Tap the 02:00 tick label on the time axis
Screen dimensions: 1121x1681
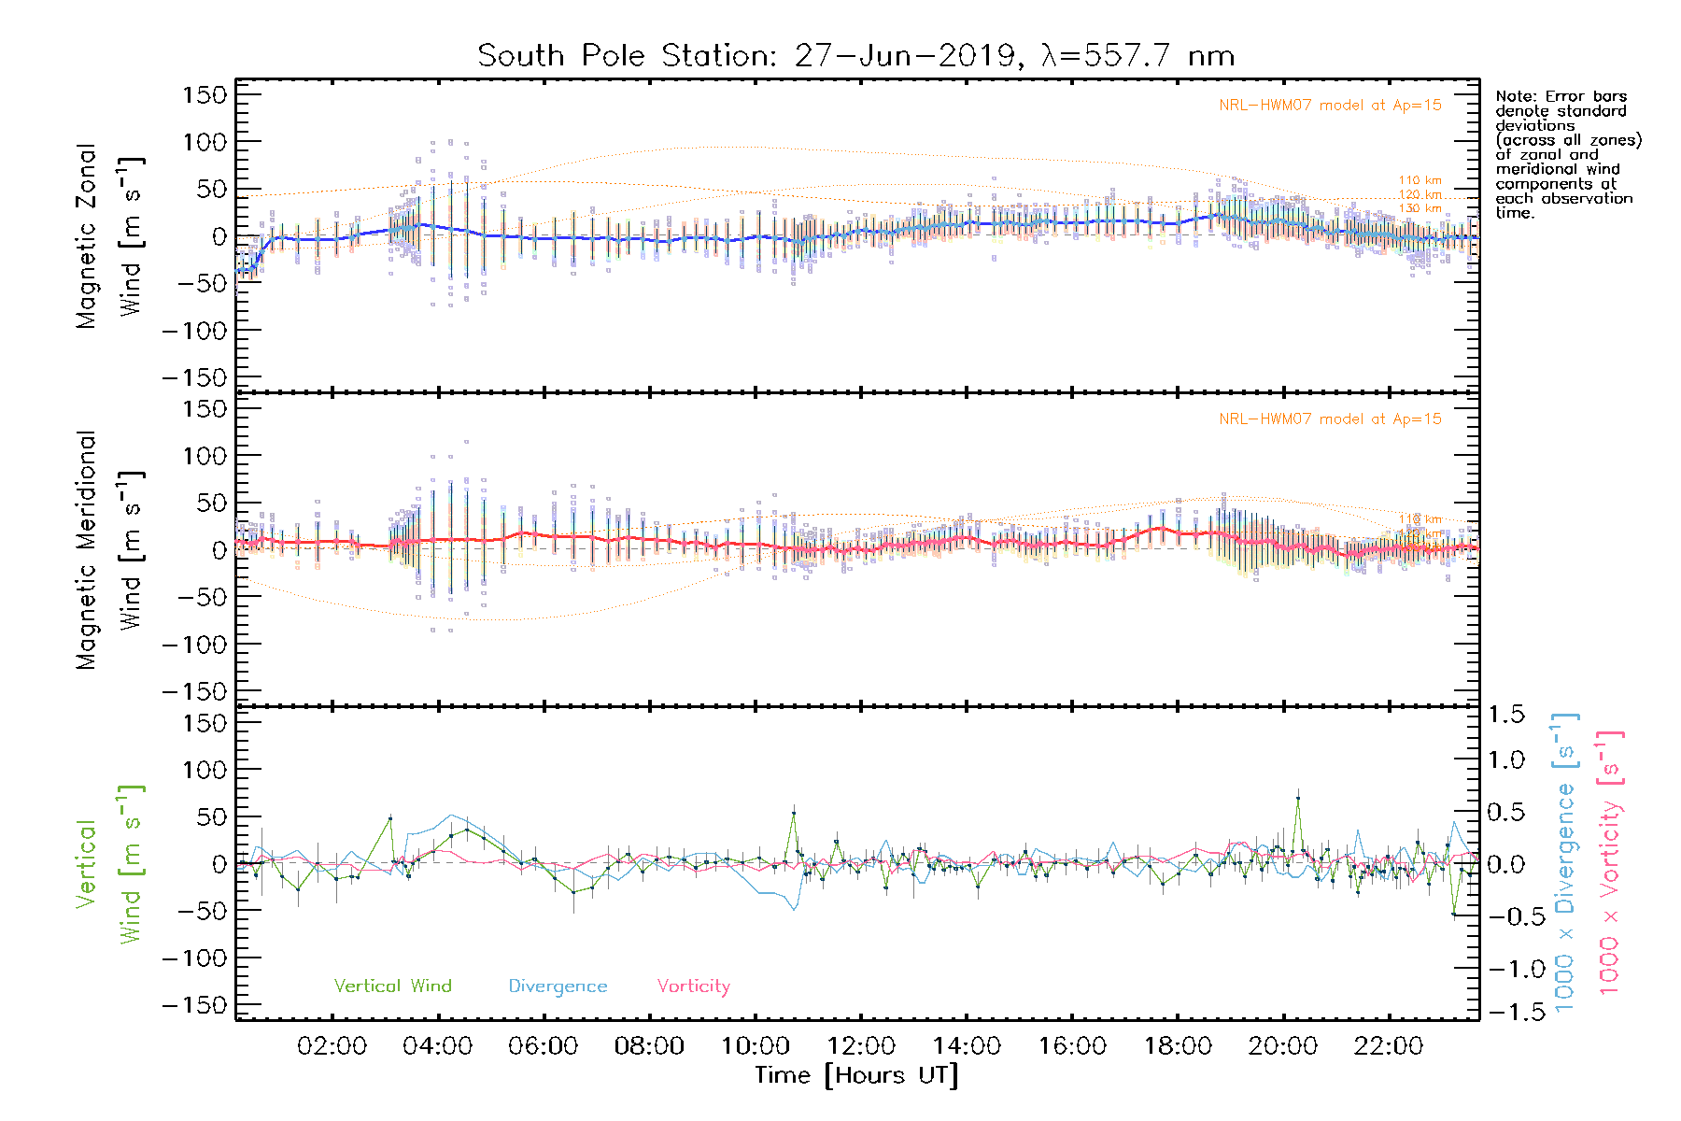point(332,1046)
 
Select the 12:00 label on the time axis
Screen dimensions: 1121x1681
point(860,1046)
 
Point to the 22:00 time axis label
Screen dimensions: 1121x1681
point(1389,1046)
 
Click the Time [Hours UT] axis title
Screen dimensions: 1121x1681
point(856,1076)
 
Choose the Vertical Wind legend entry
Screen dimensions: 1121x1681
point(392,986)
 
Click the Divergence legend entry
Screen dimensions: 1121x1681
point(558,986)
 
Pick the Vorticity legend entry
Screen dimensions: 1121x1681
point(693,986)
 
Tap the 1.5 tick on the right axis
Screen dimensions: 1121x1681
point(1506,715)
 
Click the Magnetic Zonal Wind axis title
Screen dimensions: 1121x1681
point(110,235)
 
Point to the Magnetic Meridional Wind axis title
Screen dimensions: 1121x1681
point(110,550)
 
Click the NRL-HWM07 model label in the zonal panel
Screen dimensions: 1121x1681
point(1330,106)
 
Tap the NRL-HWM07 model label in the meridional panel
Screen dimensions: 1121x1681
point(1330,419)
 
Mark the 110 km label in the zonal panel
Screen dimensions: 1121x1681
point(1420,180)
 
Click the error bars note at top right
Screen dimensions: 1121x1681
point(1567,154)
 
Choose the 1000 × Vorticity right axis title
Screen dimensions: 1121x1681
point(1610,863)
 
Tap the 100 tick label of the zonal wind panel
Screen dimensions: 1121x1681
point(205,142)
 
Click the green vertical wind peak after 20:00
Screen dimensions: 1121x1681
point(1297,799)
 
